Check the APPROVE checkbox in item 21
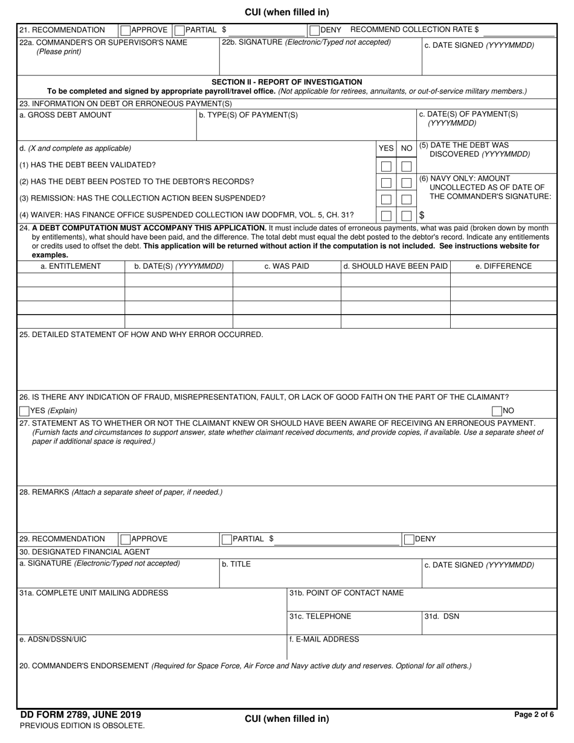click(x=125, y=30)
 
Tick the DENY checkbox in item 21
click(x=314, y=30)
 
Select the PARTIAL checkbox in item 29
click(x=227, y=539)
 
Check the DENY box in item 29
click(x=409, y=539)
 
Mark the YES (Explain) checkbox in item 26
click(x=24, y=411)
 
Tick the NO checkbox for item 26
click(x=497, y=411)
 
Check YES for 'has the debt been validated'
click(x=386, y=166)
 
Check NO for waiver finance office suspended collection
click(x=407, y=216)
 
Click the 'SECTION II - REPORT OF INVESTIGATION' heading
click(x=286, y=82)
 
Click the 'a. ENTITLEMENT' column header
click(x=71, y=266)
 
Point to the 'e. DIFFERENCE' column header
click(x=503, y=266)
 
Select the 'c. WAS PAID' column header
click(x=286, y=266)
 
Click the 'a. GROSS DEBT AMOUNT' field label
click(x=65, y=115)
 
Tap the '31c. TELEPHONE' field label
click(x=320, y=617)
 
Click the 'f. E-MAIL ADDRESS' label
click(x=324, y=639)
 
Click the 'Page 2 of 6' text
click(x=534, y=715)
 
